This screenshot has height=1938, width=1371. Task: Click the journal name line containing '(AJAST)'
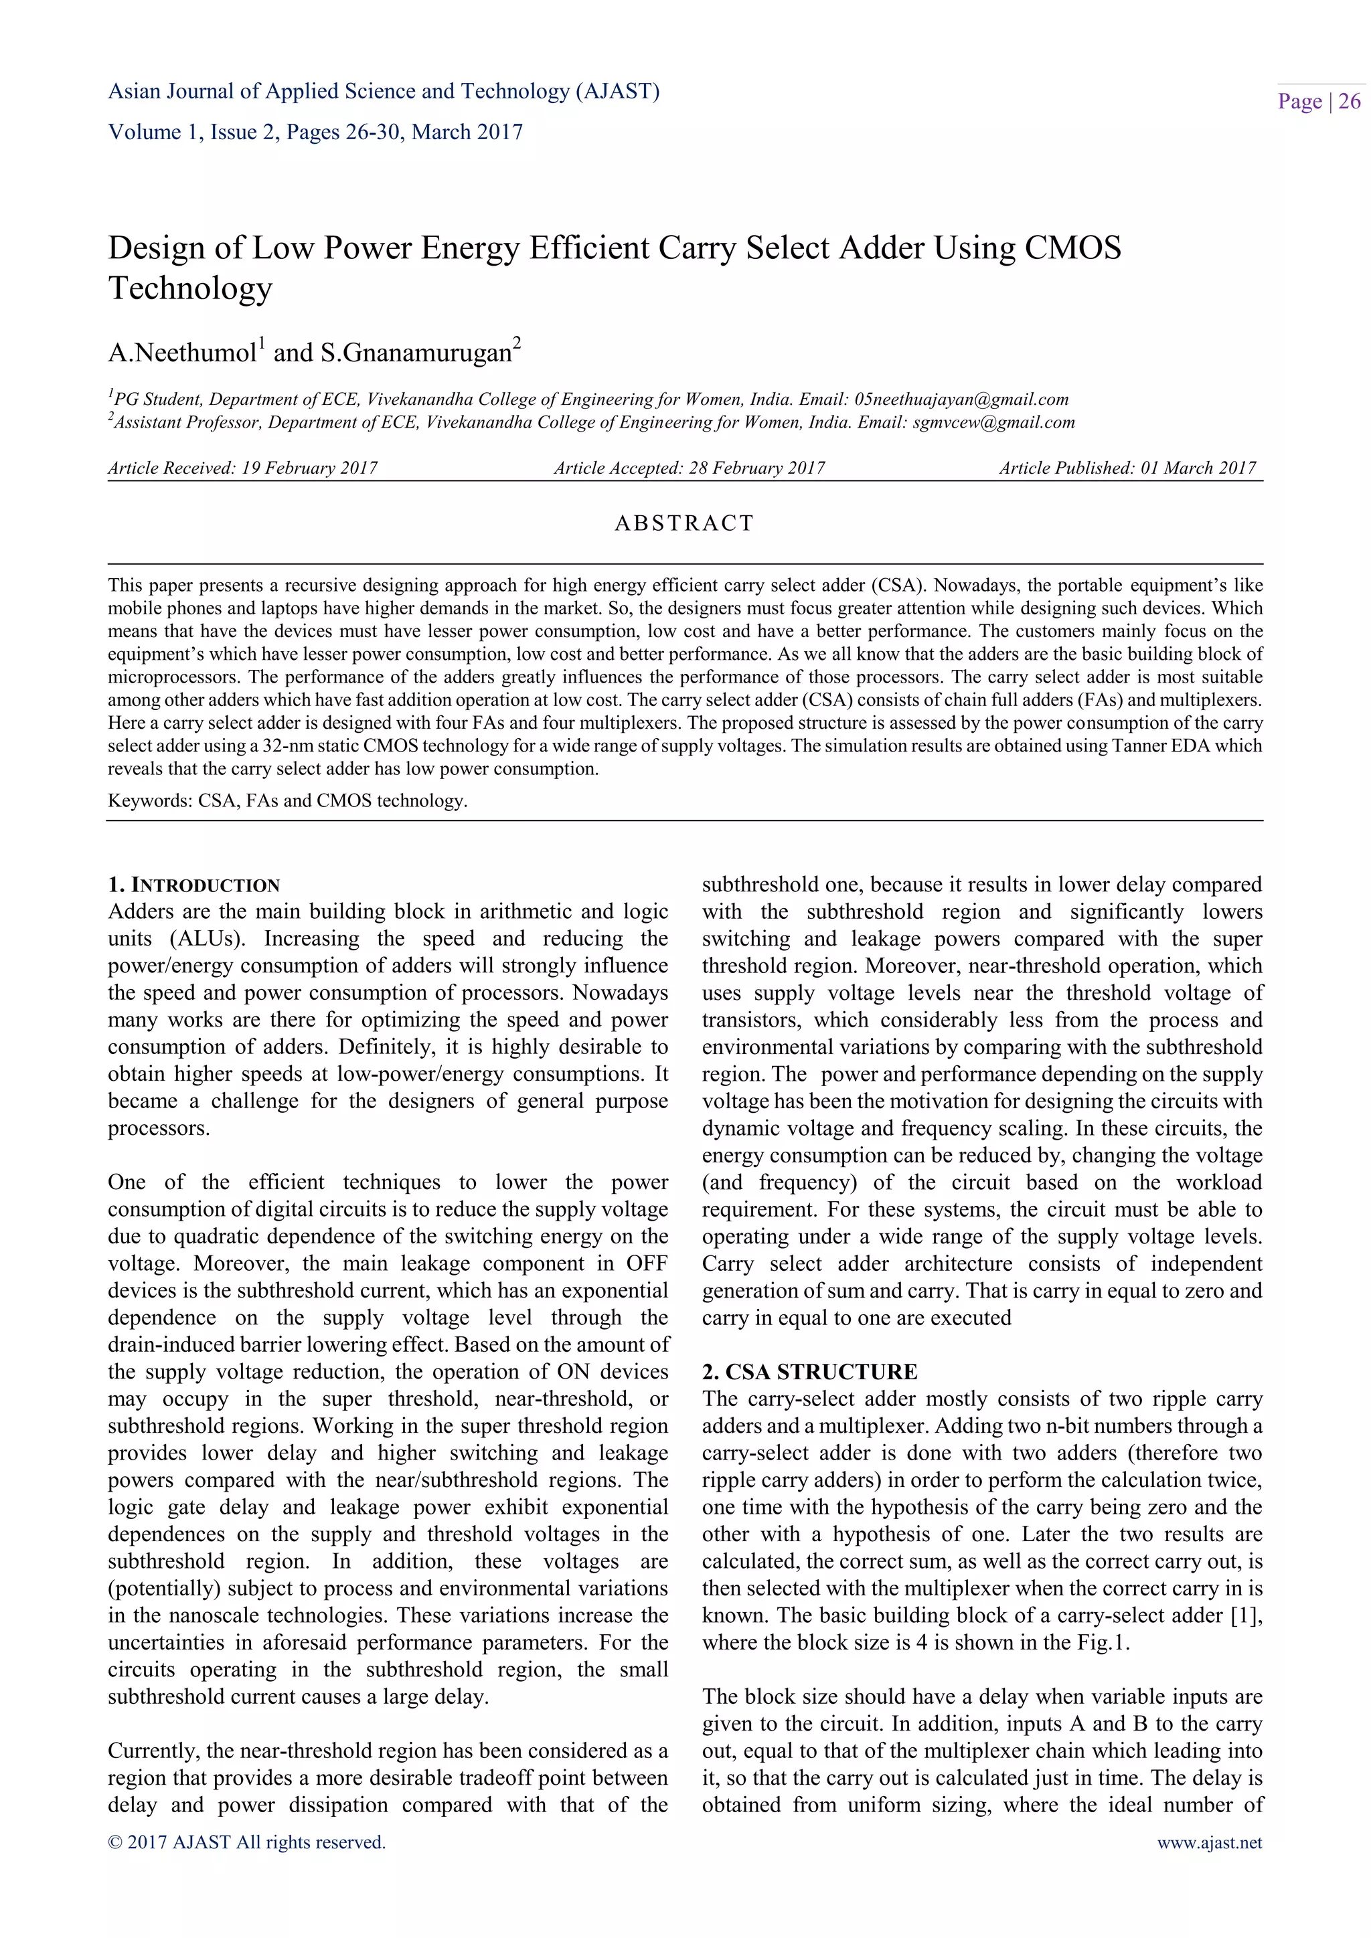384,91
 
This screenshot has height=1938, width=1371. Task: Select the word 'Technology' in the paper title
190,288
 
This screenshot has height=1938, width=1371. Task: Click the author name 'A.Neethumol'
182,353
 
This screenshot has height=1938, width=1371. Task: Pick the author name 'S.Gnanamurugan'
415,353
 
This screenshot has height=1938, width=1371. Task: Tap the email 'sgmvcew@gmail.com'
993,422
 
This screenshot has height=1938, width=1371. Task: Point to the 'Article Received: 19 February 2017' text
242,468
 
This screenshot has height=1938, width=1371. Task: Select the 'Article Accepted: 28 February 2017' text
689,468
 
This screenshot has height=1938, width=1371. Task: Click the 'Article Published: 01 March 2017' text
1127,468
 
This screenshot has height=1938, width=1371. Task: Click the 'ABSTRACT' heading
683,523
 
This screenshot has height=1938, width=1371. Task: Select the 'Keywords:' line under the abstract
287,800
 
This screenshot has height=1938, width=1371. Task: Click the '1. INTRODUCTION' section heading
193,885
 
